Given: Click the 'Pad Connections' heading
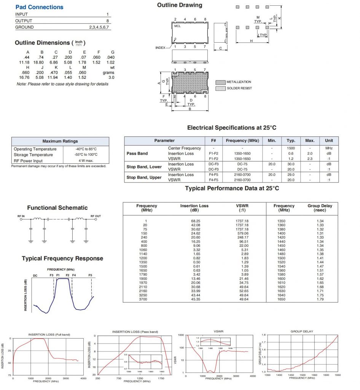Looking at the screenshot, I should click(39, 7).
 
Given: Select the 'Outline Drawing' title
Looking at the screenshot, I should click(180, 5).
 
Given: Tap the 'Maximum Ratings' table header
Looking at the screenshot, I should click(60, 141).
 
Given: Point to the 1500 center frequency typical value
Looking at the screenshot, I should click(291, 148).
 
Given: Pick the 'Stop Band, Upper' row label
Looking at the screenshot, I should click(144, 177).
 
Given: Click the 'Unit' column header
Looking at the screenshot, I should click(329, 141).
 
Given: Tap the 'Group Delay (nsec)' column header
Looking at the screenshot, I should click(320, 208).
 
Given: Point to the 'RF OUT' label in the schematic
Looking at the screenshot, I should click(96, 216).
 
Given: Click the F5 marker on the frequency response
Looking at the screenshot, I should click(90, 275).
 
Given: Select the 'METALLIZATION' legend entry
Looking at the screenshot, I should click(239, 82).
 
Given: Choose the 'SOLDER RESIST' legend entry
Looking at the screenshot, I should click(239, 88).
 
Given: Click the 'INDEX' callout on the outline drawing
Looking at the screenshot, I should click(160, 48).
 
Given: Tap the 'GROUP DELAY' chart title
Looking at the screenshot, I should click(302, 331).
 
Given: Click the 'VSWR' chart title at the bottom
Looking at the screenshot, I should click(218, 331).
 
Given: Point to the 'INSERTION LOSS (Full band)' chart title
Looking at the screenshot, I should click(49, 334).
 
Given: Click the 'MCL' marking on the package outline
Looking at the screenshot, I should click(177, 26).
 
